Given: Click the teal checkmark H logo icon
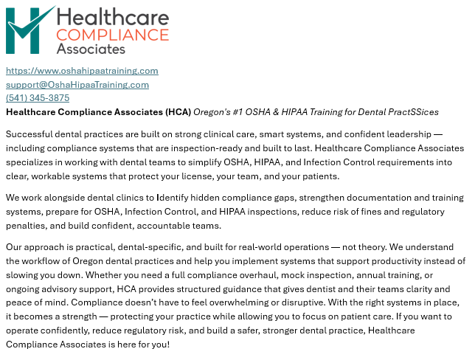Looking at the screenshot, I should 30,30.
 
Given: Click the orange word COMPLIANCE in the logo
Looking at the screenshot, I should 112,34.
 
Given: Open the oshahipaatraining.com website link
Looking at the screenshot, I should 82,71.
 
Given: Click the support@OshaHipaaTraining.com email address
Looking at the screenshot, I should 77,84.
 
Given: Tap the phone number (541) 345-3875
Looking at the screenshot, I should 38,97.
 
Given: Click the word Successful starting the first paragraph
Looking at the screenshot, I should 29,134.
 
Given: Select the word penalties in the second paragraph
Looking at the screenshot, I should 26,226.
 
